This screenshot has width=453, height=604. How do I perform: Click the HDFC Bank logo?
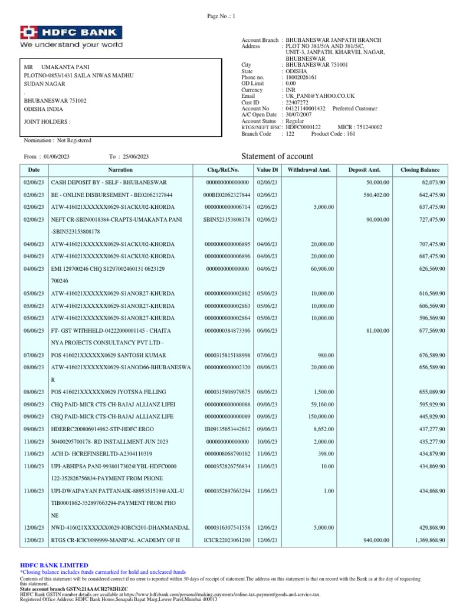71,37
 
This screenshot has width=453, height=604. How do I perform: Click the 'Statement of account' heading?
278,156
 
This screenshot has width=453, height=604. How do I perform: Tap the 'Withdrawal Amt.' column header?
309,170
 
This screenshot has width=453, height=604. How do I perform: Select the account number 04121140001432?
306,109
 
